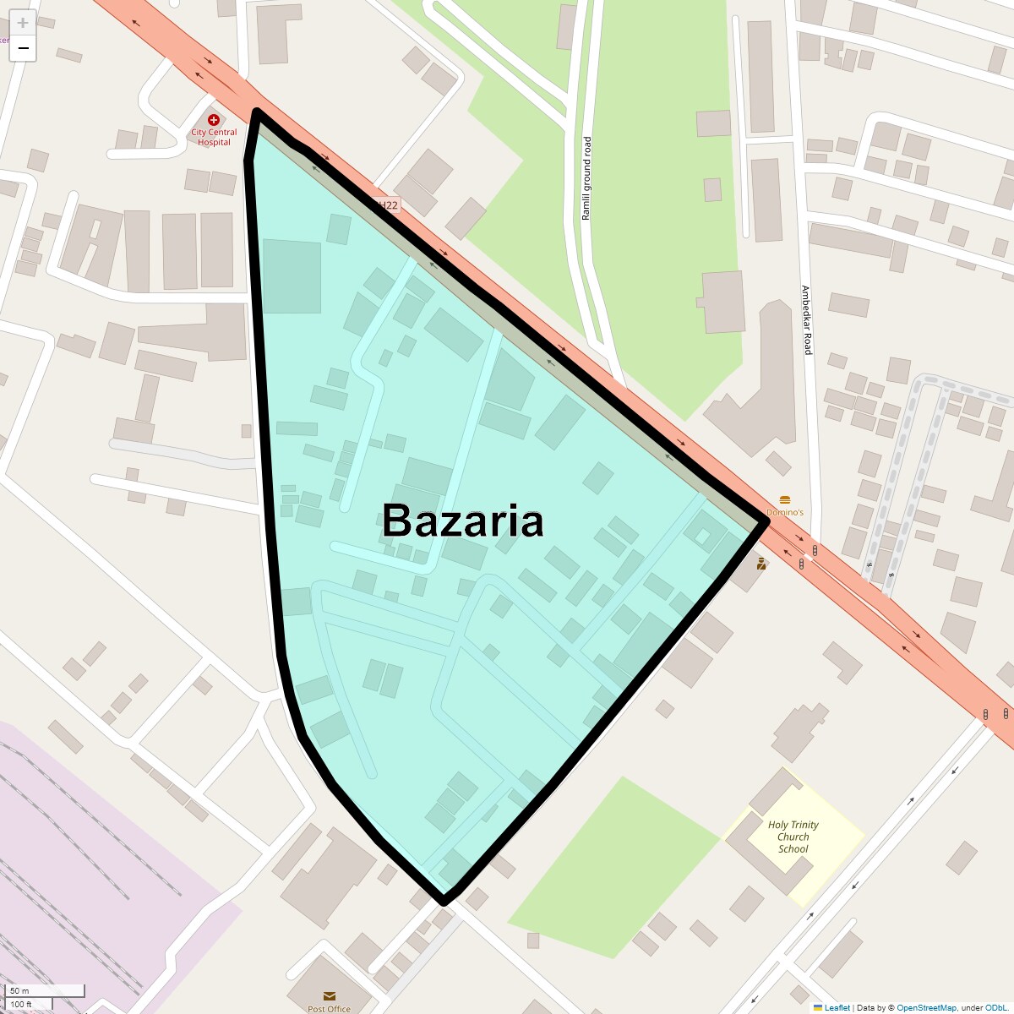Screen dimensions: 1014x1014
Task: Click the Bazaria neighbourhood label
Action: click(x=462, y=521)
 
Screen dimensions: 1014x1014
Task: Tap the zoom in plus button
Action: click(x=23, y=23)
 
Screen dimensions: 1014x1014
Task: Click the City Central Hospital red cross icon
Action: click(x=214, y=120)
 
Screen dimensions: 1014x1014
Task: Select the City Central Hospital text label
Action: click(x=214, y=137)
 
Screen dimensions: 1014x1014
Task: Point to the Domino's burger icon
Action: click(x=785, y=500)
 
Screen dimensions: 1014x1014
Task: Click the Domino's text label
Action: click(x=785, y=512)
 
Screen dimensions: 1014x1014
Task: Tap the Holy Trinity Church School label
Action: click(x=793, y=837)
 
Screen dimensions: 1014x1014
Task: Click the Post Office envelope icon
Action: click(x=329, y=996)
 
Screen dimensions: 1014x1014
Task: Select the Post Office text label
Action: click(x=329, y=1009)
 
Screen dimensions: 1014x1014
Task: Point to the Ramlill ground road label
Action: click(x=586, y=178)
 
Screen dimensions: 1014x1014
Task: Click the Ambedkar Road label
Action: click(x=807, y=319)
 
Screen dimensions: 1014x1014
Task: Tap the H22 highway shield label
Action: click(x=386, y=204)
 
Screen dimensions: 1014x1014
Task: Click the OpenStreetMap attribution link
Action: click(x=926, y=1007)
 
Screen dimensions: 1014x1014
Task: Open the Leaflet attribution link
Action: click(x=837, y=1007)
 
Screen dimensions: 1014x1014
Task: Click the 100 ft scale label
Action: click(x=21, y=1004)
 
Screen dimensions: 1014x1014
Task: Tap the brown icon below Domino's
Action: click(x=761, y=564)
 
